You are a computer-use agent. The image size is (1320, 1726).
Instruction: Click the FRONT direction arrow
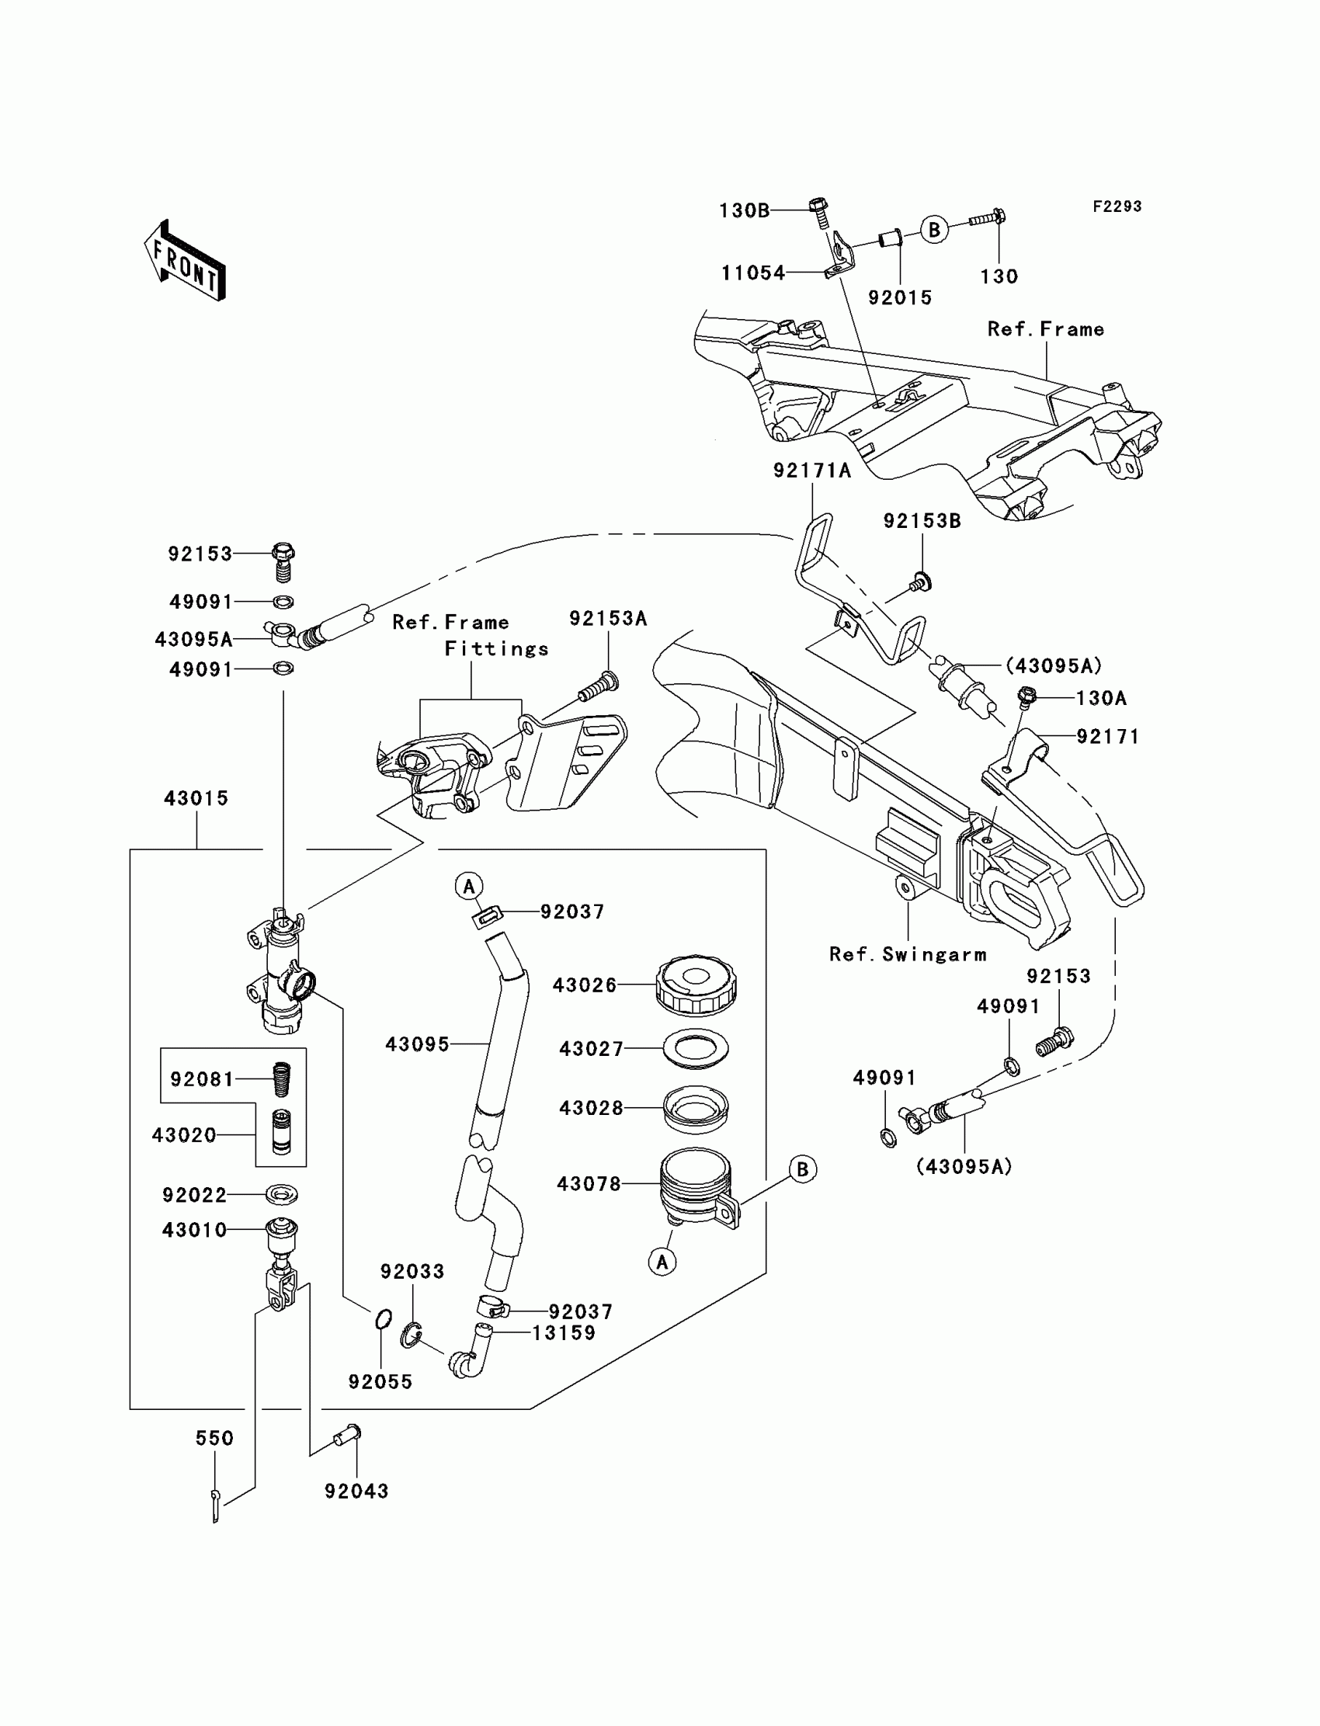click(x=186, y=261)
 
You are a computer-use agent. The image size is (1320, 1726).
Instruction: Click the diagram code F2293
click(x=1117, y=207)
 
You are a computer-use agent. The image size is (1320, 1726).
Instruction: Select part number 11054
click(x=753, y=273)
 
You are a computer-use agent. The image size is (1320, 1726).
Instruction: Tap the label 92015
click(x=900, y=297)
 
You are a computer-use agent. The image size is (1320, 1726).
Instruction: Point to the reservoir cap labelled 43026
click(x=696, y=985)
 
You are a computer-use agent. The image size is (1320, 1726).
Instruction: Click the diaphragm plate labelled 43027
click(x=696, y=1048)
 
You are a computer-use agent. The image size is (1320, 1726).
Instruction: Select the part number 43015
click(x=196, y=798)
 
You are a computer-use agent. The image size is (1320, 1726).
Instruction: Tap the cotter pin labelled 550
click(x=215, y=1504)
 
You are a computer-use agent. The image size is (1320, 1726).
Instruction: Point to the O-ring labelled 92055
click(x=383, y=1319)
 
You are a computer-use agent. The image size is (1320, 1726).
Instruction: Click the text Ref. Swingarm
click(x=908, y=953)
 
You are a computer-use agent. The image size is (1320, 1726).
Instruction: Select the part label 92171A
click(x=811, y=470)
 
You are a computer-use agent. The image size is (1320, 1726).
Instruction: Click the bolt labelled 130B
click(x=818, y=211)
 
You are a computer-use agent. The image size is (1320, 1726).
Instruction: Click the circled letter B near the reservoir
click(x=802, y=1169)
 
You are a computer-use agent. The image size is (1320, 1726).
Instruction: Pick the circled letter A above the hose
click(x=469, y=886)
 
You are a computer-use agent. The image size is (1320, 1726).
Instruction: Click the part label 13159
click(x=564, y=1332)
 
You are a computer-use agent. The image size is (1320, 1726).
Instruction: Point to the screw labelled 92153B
click(x=920, y=583)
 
